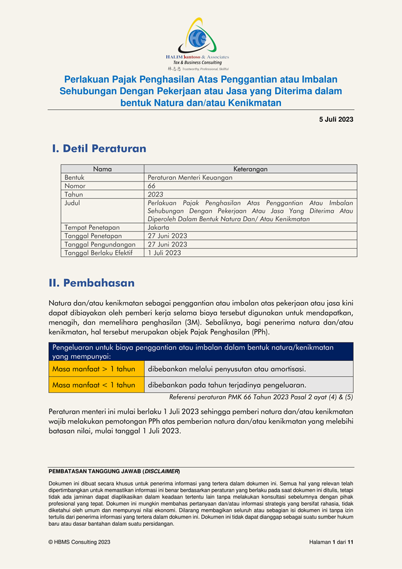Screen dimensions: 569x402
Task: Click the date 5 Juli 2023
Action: point(336,119)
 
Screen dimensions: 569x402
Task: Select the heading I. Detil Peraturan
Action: point(99,149)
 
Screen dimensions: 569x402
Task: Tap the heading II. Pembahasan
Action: point(93,283)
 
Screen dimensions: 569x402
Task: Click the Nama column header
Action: point(102,169)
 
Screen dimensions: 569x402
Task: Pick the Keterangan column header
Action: point(250,169)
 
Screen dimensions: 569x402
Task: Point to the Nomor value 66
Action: point(152,186)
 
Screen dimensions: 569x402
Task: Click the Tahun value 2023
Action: point(155,195)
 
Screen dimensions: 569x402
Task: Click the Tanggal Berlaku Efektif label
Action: point(98,253)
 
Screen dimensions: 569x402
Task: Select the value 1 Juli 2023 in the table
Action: point(164,253)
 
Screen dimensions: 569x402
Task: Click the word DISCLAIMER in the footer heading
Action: point(161,472)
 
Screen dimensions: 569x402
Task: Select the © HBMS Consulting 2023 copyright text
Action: point(80,543)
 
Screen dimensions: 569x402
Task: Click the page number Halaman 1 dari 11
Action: point(327,543)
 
